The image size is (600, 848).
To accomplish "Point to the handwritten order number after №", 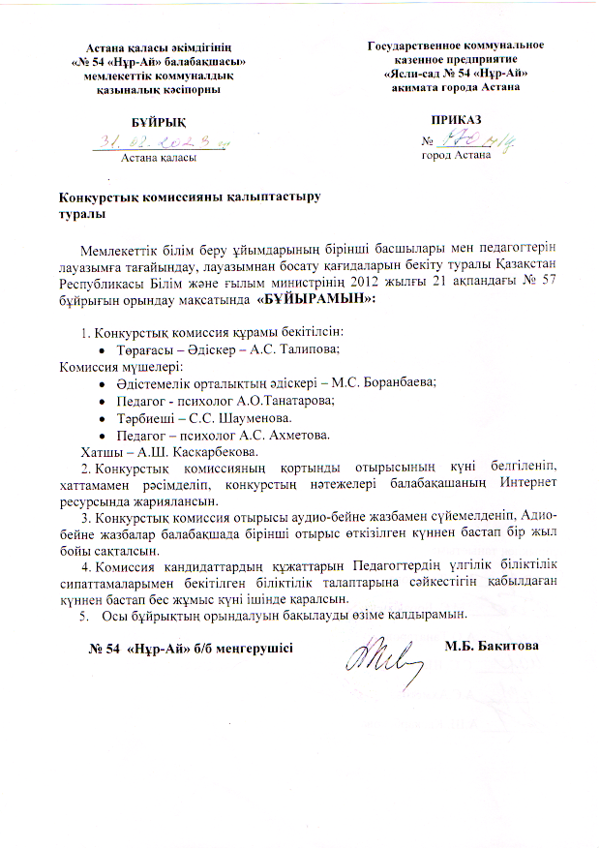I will [465, 142].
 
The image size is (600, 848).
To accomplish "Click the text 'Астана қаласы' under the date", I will [157, 157].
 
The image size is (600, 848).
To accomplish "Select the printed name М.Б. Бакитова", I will [491, 646].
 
